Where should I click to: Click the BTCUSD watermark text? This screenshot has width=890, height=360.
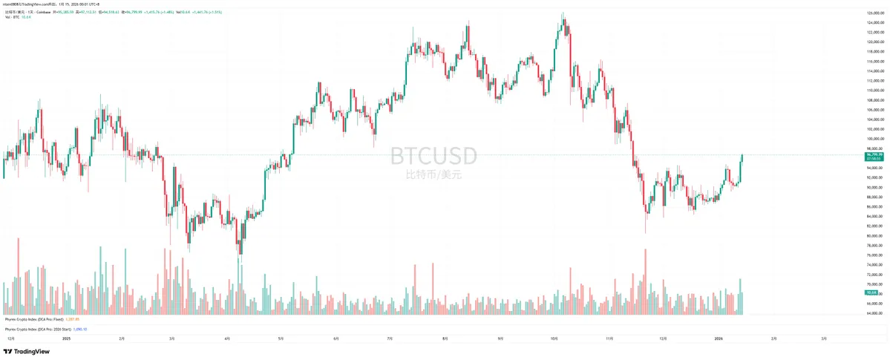click(434, 156)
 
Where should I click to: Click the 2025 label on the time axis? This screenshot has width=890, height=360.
click(66, 338)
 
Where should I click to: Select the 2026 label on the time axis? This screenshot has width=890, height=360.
click(718, 338)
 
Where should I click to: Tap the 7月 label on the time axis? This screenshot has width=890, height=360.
click(390, 338)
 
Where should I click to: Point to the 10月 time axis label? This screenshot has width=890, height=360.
click(554, 338)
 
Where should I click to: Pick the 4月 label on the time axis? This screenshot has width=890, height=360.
click(227, 338)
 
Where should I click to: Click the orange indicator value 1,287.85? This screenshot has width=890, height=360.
click(72, 318)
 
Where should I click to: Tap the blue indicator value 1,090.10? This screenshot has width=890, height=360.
click(80, 328)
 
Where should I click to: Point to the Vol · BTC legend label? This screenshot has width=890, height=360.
click(12, 17)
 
